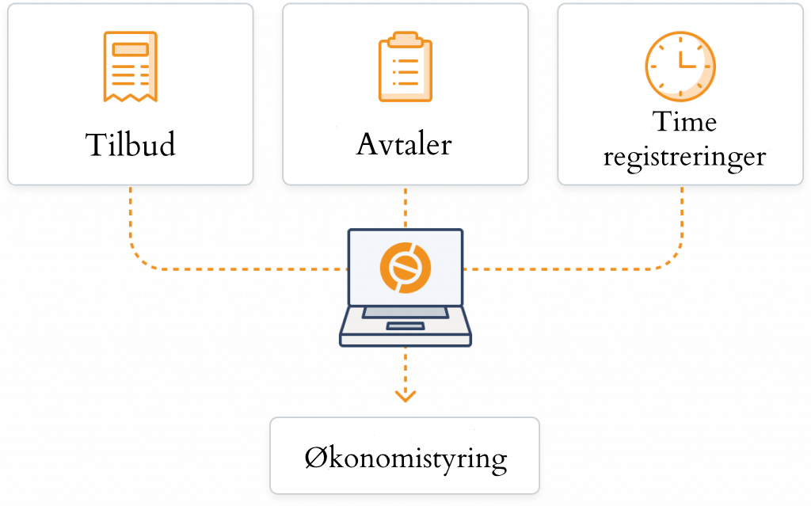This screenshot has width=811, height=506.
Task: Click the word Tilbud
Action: pyautogui.click(x=130, y=145)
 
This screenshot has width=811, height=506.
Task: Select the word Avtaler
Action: pyautogui.click(x=405, y=145)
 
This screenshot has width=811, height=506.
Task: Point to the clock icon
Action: pyautogui.click(x=680, y=66)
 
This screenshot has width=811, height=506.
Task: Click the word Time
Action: pyautogui.click(x=684, y=122)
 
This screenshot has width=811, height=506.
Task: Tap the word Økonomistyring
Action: pyautogui.click(x=405, y=458)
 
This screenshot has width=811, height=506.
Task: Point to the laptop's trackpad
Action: pyautogui.click(x=405, y=326)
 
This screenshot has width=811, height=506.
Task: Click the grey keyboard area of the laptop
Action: pyautogui.click(x=405, y=313)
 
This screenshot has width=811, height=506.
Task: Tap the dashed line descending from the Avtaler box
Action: pyautogui.click(x=405, y=207)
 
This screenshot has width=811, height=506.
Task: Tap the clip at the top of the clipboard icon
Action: pyautogui.click(x=405, y=38)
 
